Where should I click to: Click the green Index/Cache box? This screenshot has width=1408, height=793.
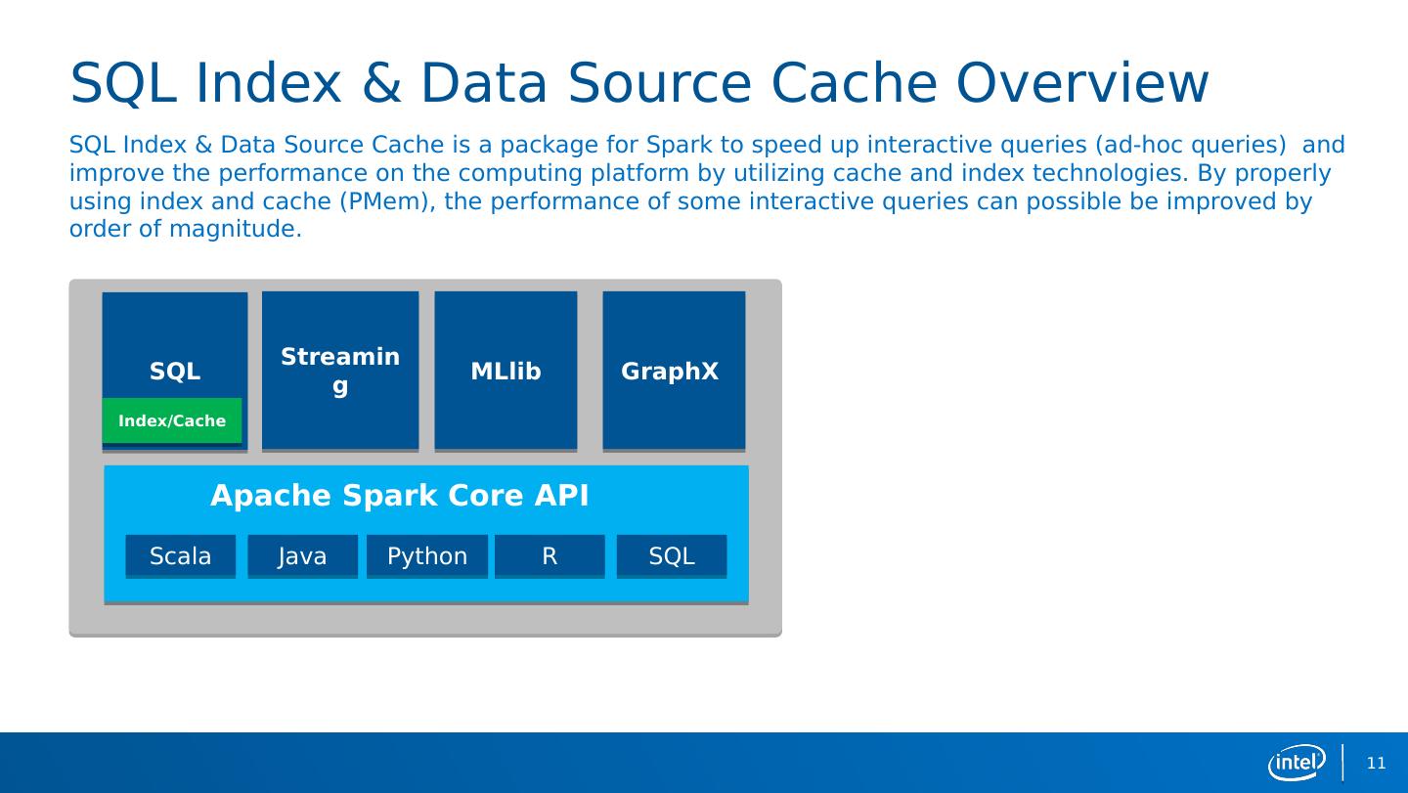172,420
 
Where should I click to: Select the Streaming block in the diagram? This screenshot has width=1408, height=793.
340,371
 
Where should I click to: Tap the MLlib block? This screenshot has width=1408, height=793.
506,371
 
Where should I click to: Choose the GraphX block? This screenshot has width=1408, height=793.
674,371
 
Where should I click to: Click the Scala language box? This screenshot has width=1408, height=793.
180,556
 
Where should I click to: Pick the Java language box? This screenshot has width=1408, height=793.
302,556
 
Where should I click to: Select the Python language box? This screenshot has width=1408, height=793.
427,556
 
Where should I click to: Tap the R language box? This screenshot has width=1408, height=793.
550,556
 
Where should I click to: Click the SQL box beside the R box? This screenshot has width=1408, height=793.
672,556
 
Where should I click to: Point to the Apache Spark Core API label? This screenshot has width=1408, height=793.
400,495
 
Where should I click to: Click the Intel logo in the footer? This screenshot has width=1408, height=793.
1297,763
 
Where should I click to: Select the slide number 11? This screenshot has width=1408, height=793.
1377,763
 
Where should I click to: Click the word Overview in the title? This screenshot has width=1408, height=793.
1081,83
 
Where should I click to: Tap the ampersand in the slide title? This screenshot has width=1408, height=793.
381,83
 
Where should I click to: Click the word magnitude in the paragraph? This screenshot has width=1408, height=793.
236,230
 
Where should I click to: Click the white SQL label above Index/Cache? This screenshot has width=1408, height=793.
175,371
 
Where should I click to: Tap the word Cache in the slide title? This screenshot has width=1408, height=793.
854,83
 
